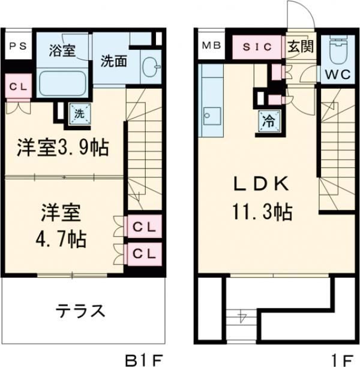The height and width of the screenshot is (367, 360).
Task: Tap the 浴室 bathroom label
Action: pyautogui.click(x=62, y=50)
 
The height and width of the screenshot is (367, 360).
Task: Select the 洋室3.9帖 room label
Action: pyautogui.click(x=63, y=147)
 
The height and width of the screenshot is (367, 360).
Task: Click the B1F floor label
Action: pyautogui.click(x=143, y=359)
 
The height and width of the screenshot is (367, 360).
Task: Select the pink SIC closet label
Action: pyautogui.click(x=257, y=46)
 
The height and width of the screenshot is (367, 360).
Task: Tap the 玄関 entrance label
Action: pyautogui.click(x=300, y=46)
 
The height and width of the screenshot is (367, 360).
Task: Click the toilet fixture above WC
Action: pyautogui.click(x=340, y=51)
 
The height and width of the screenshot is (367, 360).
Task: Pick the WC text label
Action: pyautogui.click(x=339, y=76)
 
